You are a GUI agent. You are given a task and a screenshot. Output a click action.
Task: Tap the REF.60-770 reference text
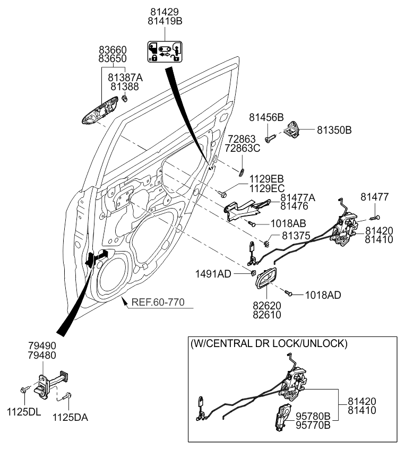point(158,303)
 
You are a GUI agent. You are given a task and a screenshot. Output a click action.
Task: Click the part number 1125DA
point(70,418)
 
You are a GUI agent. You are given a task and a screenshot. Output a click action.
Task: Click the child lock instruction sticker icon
point(164,51)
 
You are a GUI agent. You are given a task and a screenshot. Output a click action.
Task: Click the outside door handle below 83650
point(99,111)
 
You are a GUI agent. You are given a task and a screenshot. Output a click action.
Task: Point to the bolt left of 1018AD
point(289,292)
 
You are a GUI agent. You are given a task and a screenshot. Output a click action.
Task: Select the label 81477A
point(298,197)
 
